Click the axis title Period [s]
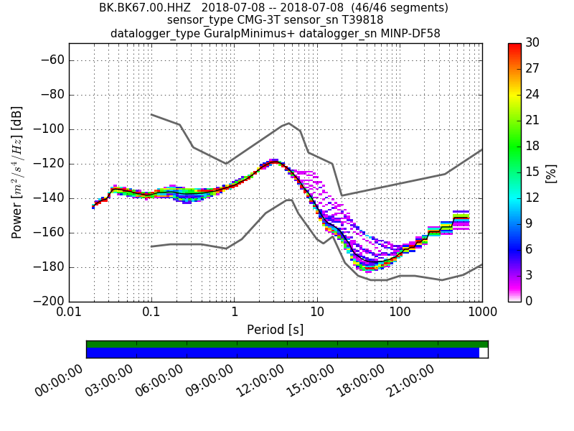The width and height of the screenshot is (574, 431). (276, 330)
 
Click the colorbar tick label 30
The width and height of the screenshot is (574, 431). (533, 44)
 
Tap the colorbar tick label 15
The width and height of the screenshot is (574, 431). (533, 172)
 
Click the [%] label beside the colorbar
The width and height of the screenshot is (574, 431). (551, 172)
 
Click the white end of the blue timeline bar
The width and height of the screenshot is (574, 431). (484, 353)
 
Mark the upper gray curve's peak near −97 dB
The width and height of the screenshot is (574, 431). (288, 123)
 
